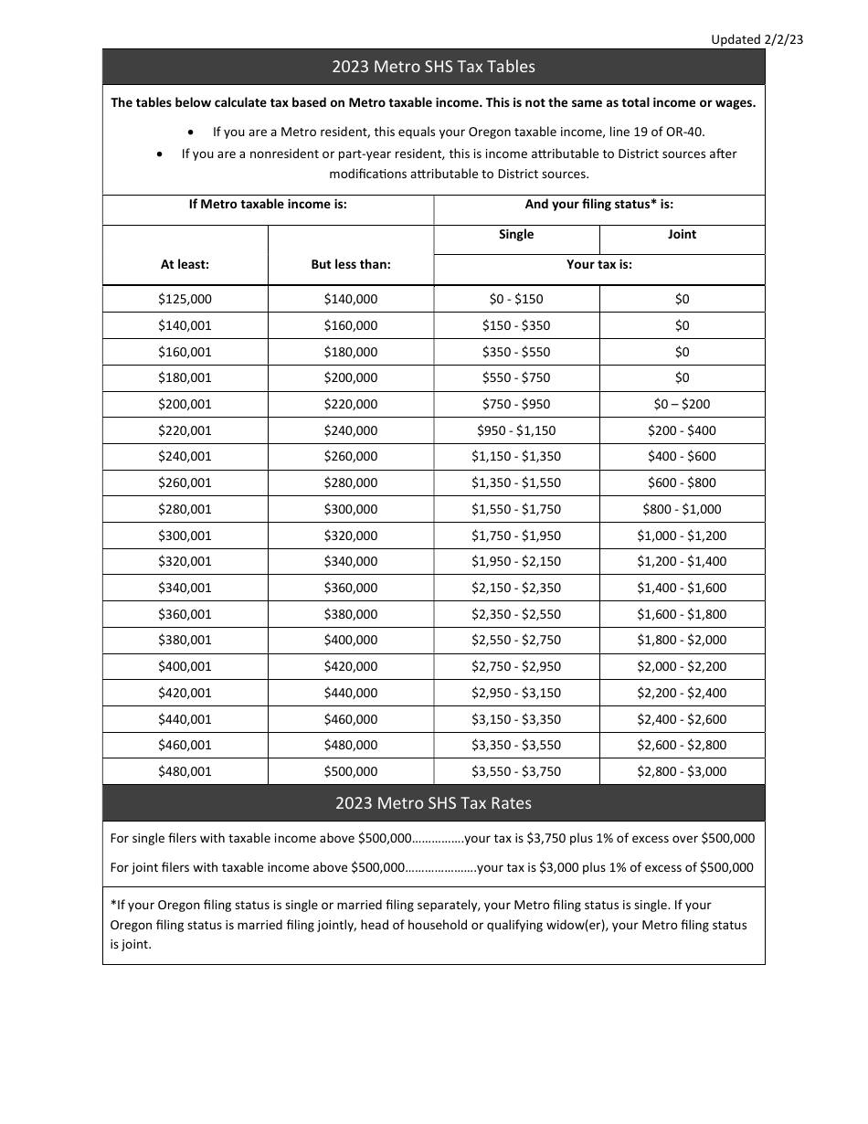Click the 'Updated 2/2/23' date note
click(x=757, y=39)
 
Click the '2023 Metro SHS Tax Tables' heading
click(x=433, y=67)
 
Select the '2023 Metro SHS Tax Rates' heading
click(x=433, y=803)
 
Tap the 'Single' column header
click(x=516, y=234)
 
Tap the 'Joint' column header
click(x=682, y=234)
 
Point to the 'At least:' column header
click(x=185, y=264)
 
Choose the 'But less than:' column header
click(x=351, y=264)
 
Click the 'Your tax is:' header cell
click(x=599, y=264)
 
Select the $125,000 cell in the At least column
click(x=185, y=299)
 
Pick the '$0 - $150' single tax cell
click(x=516, y=299)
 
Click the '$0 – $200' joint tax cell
click(x=682, y=404)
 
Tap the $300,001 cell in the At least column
click(x=185, y=535)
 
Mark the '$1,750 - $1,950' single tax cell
click(x=516, y=535)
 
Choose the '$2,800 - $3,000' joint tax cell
click(x=682, y=771)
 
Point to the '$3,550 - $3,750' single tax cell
click(x=516, y=771)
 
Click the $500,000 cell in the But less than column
click(x=351, y=771)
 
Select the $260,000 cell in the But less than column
click(x=351, y=456)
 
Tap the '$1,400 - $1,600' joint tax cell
click(x=682, y=588)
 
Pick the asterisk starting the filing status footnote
click(x=112, y=904)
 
